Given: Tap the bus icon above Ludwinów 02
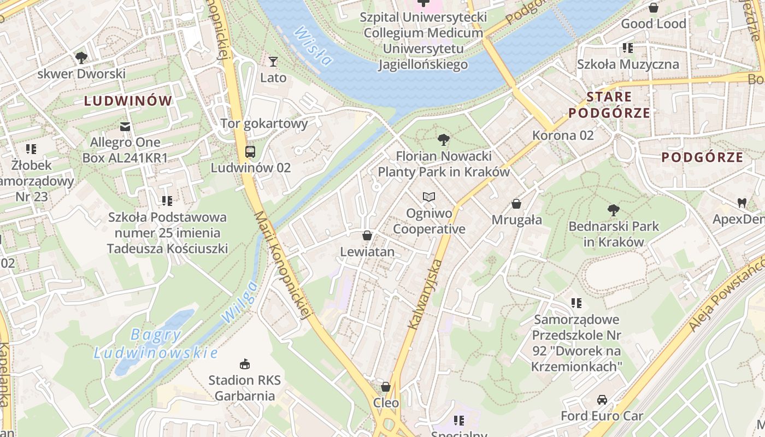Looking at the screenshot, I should (250, 152).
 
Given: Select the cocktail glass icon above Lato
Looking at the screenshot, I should (273, 62).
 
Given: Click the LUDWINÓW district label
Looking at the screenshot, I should (128, 101).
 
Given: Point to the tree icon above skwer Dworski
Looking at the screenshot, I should (81, 57).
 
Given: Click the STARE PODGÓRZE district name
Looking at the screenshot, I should (609, 105).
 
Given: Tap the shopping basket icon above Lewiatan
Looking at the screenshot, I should (367, 236).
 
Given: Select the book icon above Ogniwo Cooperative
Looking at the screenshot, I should (429, 197).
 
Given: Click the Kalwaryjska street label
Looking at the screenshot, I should (425, 295).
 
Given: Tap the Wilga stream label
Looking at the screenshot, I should (239, 302).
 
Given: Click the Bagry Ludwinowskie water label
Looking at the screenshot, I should (156, 344).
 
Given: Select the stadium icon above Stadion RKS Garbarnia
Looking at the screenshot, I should (244, 364).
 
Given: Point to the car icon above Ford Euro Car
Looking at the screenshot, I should (602, 400).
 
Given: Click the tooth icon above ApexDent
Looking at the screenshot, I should (742, 203).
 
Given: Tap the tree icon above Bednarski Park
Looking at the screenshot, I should (614, 210).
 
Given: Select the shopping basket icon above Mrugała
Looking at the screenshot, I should (516, 204).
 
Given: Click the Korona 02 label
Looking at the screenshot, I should (563, 135).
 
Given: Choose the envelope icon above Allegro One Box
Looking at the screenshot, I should (125, 127).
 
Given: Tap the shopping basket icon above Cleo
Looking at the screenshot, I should (386, 387).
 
